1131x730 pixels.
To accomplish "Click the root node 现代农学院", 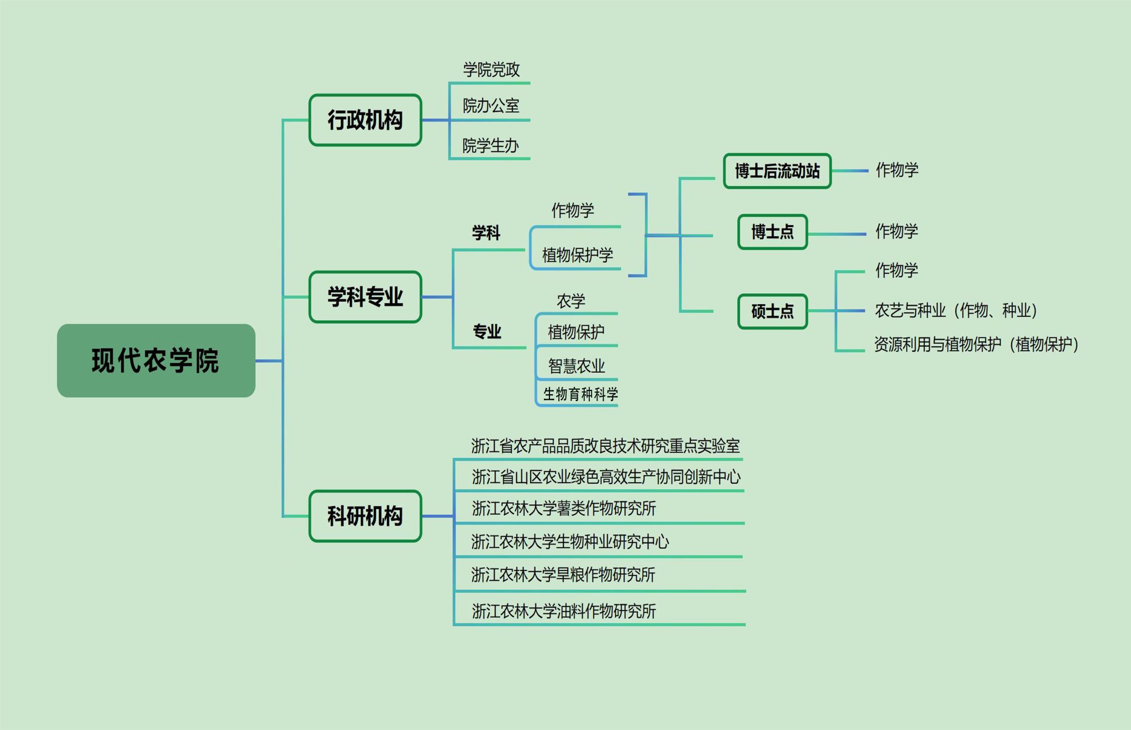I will tap(156, 361).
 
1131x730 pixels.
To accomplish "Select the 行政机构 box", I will tap(365, 120).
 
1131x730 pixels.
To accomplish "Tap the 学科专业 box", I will tap(365, 297).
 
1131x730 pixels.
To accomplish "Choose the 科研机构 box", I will tap(365, 516).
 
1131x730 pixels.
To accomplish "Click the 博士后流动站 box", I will tap(777, 171).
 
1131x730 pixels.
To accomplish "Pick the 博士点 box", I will tap(773, 232).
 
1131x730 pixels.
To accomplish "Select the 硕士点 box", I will tap(773, 311).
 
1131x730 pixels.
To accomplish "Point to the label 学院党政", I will tap(491, 70).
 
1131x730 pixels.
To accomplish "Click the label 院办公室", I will tap(491, 105).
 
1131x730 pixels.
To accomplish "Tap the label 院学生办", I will tap(490, 146).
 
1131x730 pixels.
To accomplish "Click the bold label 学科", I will tap(486, 233).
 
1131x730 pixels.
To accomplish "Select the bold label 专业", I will tap(487, 331).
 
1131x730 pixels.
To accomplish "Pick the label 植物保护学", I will tap(578, 255).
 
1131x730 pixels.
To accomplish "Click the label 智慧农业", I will tap(577, 366).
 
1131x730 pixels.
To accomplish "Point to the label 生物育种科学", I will tap(580, 394).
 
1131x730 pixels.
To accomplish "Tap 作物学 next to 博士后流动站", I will tap(897, 170).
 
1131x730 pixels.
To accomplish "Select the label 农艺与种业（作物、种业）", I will tap(956, 310).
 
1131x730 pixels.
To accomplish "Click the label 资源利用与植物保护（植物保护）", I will tap(976, 345).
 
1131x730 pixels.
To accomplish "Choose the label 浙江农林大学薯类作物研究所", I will tap(564, 508).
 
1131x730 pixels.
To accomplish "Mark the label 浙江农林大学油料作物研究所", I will tap(564, 611).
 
